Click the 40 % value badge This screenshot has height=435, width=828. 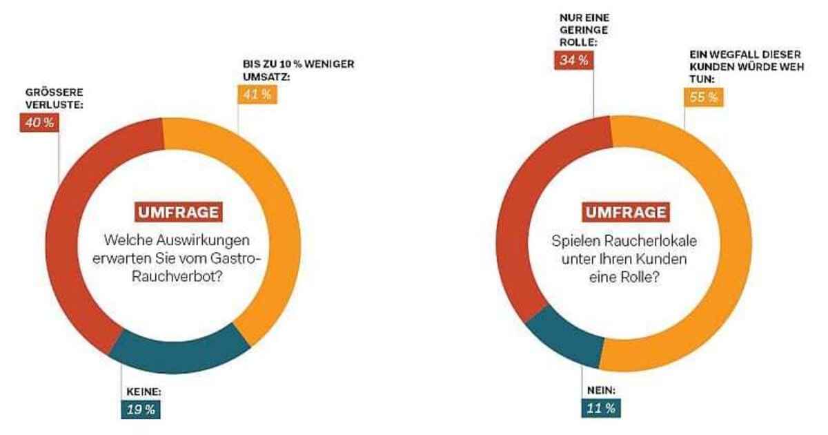pyautogui.click(x=39, y=124)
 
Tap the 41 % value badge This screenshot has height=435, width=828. pyautogui.click(x=257, y=95)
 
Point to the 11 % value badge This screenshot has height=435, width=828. pyautogui.click(x=600, y=408)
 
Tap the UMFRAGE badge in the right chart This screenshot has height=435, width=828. pyautogui.click(x=627, y=212)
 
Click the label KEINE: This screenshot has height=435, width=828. pyautogui.click(x=144, y=391)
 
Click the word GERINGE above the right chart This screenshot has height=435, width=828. pyautogui.click(x=577, y=30)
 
